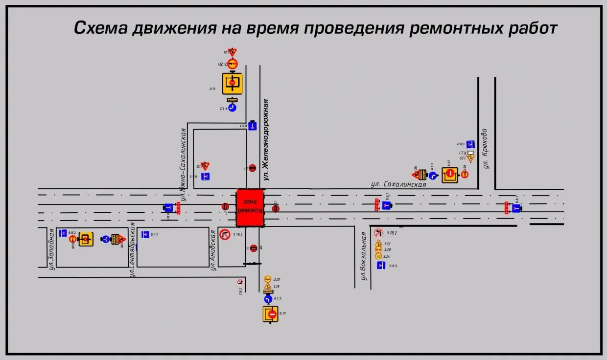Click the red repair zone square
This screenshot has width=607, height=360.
(250, 208)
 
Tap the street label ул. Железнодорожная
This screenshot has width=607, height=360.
(266, 140)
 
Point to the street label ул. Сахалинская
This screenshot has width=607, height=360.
(398, 184)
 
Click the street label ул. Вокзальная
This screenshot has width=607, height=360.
(363, 256)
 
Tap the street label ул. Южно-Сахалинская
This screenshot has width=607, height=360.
(184, 164)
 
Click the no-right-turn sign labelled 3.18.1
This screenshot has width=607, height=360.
(225, 234)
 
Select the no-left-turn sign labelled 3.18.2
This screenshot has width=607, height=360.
(378, 233)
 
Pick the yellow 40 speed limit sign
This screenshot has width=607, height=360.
(378, 256)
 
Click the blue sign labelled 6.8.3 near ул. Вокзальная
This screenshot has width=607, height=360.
(381, 265)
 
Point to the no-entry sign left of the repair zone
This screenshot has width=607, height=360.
(225, 207)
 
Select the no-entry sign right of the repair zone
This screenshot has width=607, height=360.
(276, 208)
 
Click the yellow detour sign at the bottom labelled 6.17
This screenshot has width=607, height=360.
(270, 314)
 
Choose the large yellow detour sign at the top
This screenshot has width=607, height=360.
(232, 83)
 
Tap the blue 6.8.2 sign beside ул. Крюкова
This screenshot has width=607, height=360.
(470, 144)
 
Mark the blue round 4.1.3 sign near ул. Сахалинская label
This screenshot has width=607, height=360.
(433, 175)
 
